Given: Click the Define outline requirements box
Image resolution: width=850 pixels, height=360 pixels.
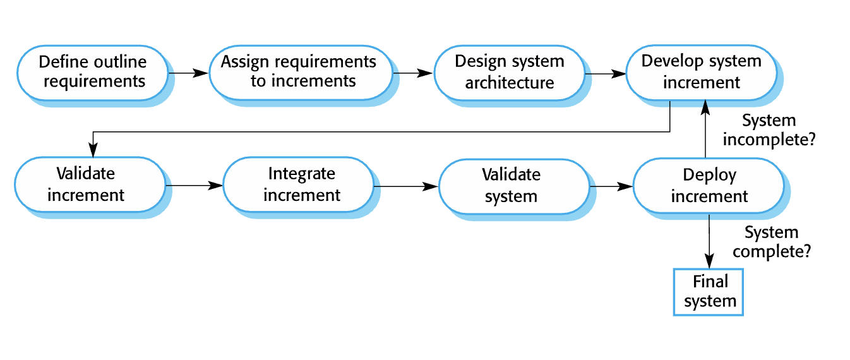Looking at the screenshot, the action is tap(93, 73).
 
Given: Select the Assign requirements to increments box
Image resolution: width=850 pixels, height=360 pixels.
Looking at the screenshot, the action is tap(301, 73).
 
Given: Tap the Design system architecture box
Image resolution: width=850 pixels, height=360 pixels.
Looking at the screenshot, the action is tap(510, 73).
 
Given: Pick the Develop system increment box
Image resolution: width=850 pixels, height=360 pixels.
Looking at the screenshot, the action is tap(701, 73).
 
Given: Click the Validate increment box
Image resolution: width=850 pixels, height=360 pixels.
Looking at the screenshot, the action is tap(90, 185).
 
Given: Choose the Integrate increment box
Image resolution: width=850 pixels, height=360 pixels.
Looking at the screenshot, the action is tap(299, 185).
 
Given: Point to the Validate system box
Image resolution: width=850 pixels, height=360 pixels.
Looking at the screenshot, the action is tap(514, 186).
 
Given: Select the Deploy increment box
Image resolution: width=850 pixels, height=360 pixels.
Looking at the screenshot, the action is tap(709, 186).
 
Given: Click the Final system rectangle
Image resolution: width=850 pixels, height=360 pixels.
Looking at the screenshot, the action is tap(708, 292).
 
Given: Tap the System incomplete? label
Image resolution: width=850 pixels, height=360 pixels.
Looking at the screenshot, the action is tap(769, 130).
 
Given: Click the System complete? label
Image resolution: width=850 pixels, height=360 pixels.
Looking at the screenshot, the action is tap(772, 242).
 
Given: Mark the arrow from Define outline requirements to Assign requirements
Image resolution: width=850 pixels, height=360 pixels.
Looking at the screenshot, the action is tap(189, 73).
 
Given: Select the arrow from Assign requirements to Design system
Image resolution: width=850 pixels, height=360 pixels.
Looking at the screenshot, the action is tap(413, 73).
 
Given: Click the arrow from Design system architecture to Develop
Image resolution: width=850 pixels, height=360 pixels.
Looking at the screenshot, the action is tap(606, 74).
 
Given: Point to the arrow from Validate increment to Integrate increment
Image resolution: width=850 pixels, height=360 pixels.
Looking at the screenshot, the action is tap(195, 186).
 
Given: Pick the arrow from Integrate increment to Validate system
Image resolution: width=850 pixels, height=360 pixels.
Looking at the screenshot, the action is tap(407, 186).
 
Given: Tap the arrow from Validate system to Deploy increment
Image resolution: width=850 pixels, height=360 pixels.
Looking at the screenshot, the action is tap(611, 186).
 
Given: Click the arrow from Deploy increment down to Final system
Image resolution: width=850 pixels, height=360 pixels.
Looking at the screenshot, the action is tap(709, 241).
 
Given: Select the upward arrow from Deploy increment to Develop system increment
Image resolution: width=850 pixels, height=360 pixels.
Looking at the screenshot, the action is tap(705, 129).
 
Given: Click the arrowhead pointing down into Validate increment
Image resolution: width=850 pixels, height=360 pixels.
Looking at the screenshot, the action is tap(93, 150).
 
